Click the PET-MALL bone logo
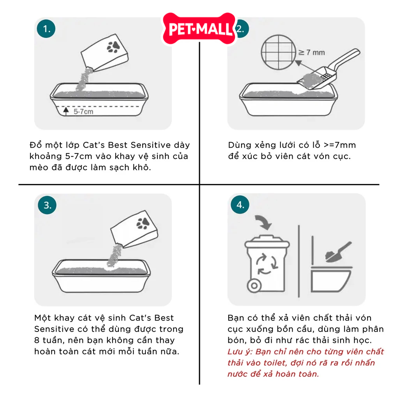(x=199, y=28)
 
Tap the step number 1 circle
(x=46, y=28)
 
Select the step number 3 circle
(x=47, y=205)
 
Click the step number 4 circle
(x=240, y=205)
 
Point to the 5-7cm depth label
(x=83, y=111)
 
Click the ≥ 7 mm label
(x=312, y=53)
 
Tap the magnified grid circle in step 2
(x=279, y=52)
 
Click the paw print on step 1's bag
(x=113, y=47)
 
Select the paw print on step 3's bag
(x=143, y=223)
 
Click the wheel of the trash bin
(x=254, y=286)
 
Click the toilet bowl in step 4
(x=331, y=280)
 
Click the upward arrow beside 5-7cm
(x=66, y=111)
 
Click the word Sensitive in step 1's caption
(x=151, y=145)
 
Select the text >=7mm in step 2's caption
(x=340, y=145)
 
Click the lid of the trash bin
(x=267, y=242)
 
